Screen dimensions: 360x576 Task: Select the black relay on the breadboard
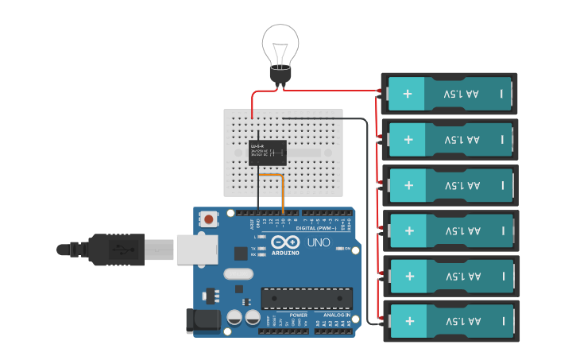(x=268, y=151)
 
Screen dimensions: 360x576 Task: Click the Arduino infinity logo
(x=283, y=242)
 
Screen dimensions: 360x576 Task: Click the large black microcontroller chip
(x=307, y=297)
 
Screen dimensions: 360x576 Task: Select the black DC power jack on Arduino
(x=203, y=320)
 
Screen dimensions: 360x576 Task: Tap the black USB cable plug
(x=111, y=249)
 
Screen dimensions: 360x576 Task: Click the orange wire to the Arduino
(x=282, y=191)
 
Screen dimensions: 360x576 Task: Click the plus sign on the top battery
(x=408, y=94)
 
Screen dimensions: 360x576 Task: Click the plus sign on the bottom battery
(x=408, y=321)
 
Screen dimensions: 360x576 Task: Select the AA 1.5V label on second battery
(x=462, y=140)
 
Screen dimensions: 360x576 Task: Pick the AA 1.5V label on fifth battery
(x=462, y=277)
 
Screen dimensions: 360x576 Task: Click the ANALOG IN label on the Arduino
(x=336, y=315)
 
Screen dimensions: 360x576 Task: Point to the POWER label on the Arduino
(x=288, y=315)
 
